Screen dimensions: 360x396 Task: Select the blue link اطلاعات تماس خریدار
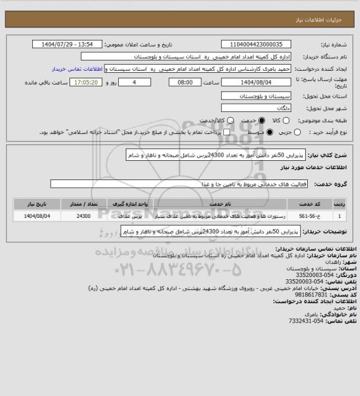click(80, 69)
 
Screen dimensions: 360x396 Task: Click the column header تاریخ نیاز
click(31, 204)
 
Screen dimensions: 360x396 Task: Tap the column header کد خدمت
click(324, 204)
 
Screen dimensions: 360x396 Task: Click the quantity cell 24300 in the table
click(83, 216)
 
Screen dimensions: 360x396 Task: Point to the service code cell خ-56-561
click(324, 216)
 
